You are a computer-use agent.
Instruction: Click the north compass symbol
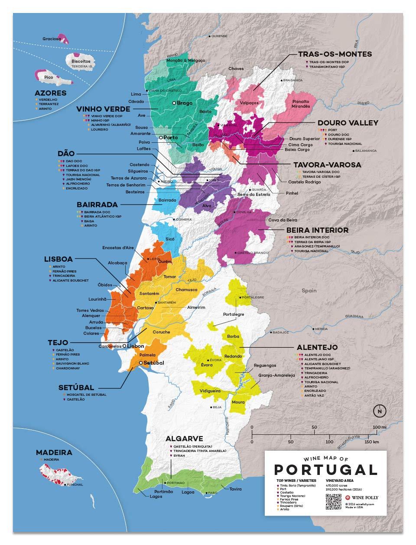380,411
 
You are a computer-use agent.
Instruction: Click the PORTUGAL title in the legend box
325,470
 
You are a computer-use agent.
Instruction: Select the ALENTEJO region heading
317,347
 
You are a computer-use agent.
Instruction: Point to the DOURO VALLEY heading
348,123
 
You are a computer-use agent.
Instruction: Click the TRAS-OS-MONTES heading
335,54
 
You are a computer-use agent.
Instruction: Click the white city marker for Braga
174,103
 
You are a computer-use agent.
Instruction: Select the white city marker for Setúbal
140,363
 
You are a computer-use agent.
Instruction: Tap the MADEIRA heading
54,452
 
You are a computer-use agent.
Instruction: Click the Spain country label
309,291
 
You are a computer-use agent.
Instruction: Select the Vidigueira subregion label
210,391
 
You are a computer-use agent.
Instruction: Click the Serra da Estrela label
253,195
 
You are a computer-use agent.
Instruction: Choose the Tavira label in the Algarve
235,489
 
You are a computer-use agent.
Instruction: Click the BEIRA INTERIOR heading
317,230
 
